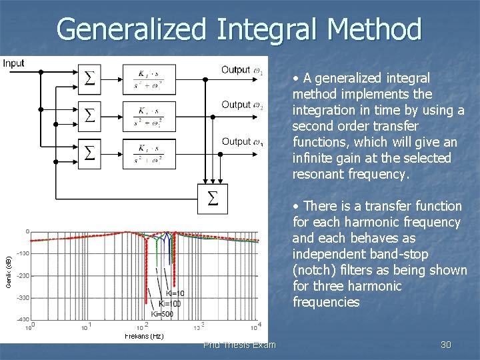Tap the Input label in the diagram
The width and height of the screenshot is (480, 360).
(x=13, y=63)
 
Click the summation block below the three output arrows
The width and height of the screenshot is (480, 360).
(x=213, y=199)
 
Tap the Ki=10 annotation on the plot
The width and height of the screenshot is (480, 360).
(x=175, y=293)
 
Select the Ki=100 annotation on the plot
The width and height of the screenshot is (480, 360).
(x=169, y=304)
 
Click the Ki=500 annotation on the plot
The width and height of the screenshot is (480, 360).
(x=162, y=314)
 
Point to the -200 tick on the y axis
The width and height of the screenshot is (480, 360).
(x=21, y=275)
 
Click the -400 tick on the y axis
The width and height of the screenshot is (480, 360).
(x=21, y=319)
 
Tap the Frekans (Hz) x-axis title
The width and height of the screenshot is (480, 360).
(x=144, y=336)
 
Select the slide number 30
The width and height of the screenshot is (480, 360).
(x=446, y=345)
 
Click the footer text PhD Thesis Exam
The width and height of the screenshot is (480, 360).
(x=240, y=345)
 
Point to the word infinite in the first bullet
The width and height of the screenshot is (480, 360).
(x=314, y=158)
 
